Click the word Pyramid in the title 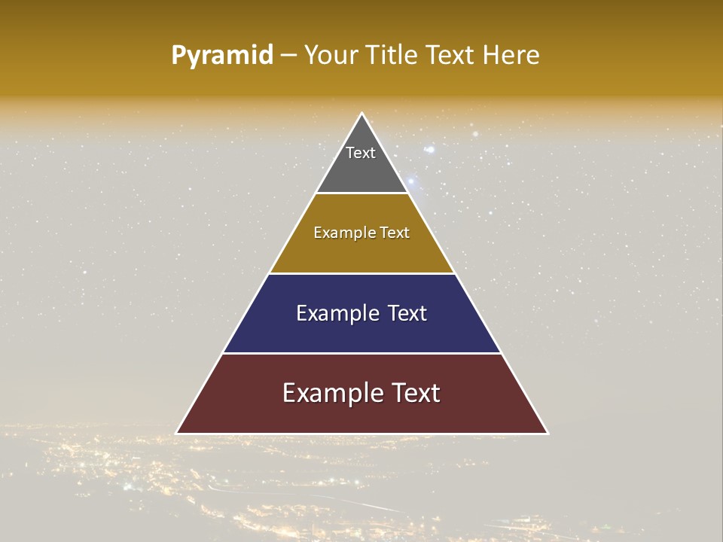pos(221,56)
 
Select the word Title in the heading pos(392,55)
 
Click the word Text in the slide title pos(452,55)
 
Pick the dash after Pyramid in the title pos(288,56)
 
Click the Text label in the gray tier pos(361,153)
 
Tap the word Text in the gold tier pos(395,233)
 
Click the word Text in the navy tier pos(407,313)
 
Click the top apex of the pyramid pos(361,114)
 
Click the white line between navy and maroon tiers pos(361,353)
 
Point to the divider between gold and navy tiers pos(361,273)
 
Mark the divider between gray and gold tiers pos(361,193)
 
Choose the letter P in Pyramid pos(178,56)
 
